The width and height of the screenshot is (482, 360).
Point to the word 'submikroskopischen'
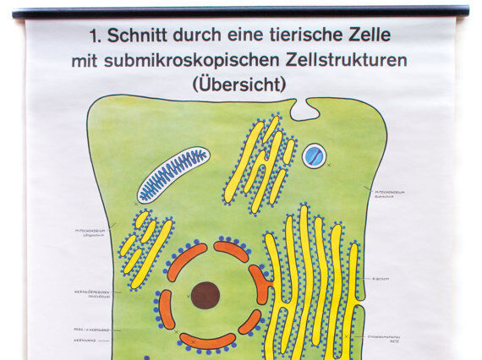tap(184, 61)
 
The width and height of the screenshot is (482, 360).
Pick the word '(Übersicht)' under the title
tap(239, 85)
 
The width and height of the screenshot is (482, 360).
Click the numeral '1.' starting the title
tap(93, 36)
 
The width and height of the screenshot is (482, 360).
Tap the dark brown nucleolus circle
tap(205, 295)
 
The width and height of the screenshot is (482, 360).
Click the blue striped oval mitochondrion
tap(173, 174)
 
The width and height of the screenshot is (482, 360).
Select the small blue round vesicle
tap(315, 155)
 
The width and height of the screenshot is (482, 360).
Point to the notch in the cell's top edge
tap(303, 108)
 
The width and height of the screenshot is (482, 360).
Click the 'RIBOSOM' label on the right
tap(380, 277)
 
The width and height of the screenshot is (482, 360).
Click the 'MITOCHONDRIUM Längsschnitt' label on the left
tap(92, 231)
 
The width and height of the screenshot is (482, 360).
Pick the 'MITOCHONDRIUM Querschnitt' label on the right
tap(390, 193)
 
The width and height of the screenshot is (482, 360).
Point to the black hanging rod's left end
tap(17, 13)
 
